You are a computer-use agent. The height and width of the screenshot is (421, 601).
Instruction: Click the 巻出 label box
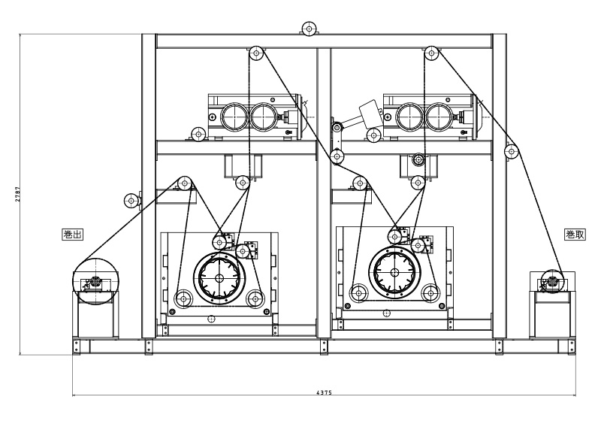[x=72, y=235]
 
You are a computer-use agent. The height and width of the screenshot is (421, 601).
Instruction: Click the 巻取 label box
[x=575, y=235]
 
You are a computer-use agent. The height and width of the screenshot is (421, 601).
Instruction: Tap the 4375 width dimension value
[x=325, y=392]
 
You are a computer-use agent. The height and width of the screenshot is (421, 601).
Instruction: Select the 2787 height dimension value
[x=18, y=195]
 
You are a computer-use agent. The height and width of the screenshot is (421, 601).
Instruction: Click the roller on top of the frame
[x=309, y=29]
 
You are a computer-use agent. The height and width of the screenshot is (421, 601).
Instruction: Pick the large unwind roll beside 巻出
[x=95, y=281]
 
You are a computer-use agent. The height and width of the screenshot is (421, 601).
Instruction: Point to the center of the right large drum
[x=395, y=273]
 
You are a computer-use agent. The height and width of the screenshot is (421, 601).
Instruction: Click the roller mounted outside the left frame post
[x=131, y=201]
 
